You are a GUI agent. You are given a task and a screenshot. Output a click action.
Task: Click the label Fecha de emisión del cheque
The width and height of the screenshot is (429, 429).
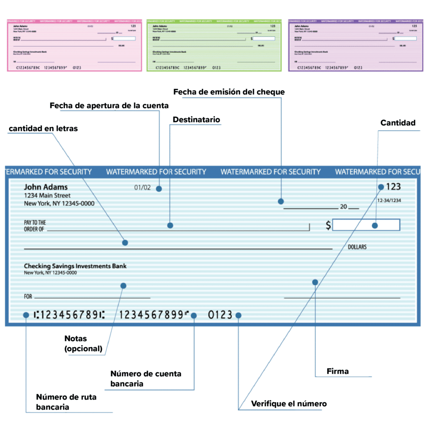point(229,92)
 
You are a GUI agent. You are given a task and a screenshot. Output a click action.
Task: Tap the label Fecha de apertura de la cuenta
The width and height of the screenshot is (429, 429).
point(109,106)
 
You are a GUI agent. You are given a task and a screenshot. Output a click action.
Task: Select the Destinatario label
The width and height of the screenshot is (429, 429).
point(196,120)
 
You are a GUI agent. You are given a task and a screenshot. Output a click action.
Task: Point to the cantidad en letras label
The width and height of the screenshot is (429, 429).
point(43,129)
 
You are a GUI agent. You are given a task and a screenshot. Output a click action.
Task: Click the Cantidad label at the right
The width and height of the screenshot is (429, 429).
point(398,123)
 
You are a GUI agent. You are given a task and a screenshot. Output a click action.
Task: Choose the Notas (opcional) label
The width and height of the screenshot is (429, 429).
point(83,343)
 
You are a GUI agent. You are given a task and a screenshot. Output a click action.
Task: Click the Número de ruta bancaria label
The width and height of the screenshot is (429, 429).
point(66,402)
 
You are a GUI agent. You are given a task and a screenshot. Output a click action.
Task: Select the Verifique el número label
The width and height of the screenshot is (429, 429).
point(289,404)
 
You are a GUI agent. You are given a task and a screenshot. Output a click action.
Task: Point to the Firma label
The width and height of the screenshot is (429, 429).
point(337,371)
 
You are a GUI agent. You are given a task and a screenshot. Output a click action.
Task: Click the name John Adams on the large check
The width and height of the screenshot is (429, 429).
point(46,187)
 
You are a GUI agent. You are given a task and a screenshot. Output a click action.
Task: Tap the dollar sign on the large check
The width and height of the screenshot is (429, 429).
point(328,225)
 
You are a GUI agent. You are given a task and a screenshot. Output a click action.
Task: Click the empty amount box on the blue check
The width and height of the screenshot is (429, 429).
point(367,225)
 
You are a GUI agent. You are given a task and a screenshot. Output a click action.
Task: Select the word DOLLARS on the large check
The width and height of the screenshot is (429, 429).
point(357,247)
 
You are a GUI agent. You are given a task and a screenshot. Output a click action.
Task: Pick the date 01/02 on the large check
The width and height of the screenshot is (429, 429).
point(142,188)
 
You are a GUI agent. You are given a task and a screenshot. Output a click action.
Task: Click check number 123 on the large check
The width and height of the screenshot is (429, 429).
point(393,187)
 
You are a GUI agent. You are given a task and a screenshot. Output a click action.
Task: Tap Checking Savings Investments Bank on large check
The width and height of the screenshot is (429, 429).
point(75,266)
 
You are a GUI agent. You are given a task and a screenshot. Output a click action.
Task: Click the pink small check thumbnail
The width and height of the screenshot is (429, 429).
point(75,45)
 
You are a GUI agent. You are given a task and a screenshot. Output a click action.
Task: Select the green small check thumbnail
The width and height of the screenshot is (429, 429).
point(214,45)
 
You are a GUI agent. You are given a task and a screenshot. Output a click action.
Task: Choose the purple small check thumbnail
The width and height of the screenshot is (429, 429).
point(355,45)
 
